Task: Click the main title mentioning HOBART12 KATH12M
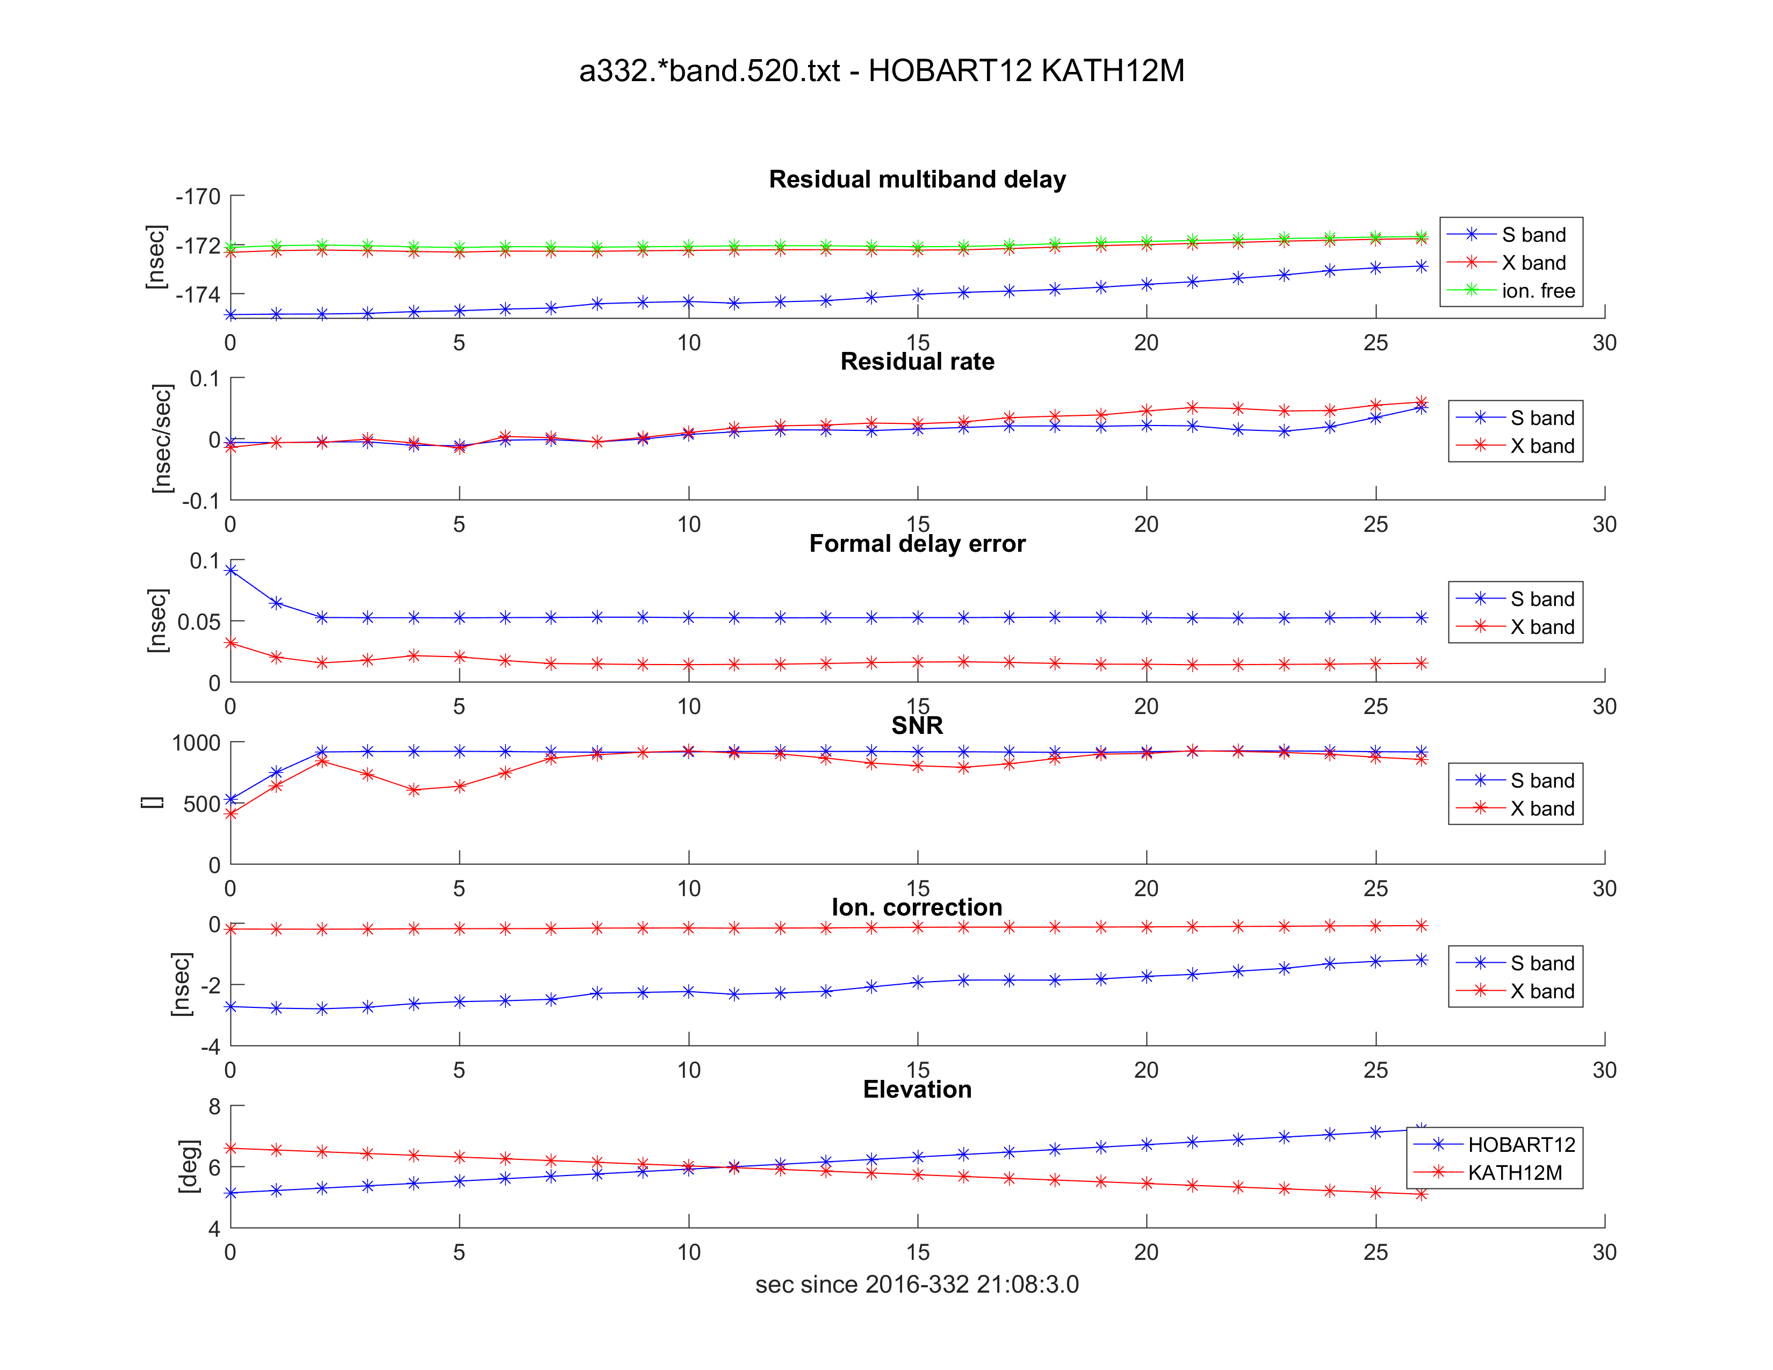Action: coord(882,71)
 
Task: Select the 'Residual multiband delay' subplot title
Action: coord(917,179)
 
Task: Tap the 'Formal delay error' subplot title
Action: coord(917,543)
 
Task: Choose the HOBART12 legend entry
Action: coord(1520,1144)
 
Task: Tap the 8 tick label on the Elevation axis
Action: coord(214,1106)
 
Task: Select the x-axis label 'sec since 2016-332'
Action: coord(917,1284)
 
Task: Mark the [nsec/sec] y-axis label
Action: coord(162,438)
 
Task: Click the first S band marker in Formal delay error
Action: coord(230,571)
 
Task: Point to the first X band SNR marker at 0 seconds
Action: coord(230,813)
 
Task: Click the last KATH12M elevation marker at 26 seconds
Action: coord(1421,1194)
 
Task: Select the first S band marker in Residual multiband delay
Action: coord(230,314)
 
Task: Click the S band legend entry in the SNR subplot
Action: coord(1541,781)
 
